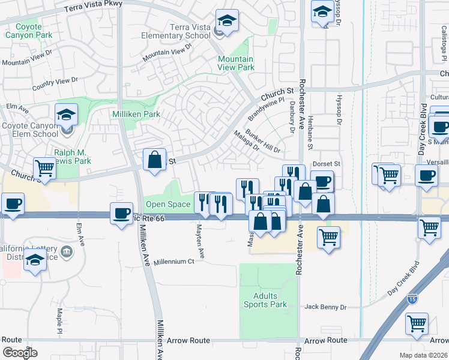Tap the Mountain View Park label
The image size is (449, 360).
click(x=236, y=63)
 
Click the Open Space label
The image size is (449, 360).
click(x=169, y=205)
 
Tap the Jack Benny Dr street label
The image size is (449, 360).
click(x=325, y=307)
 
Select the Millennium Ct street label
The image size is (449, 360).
click(x=173, y=262)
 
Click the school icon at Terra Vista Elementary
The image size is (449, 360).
click(x=227, y=21)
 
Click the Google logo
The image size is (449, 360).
click(x=20, y=352)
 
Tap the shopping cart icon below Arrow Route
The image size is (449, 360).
click(x=417, y=323)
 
